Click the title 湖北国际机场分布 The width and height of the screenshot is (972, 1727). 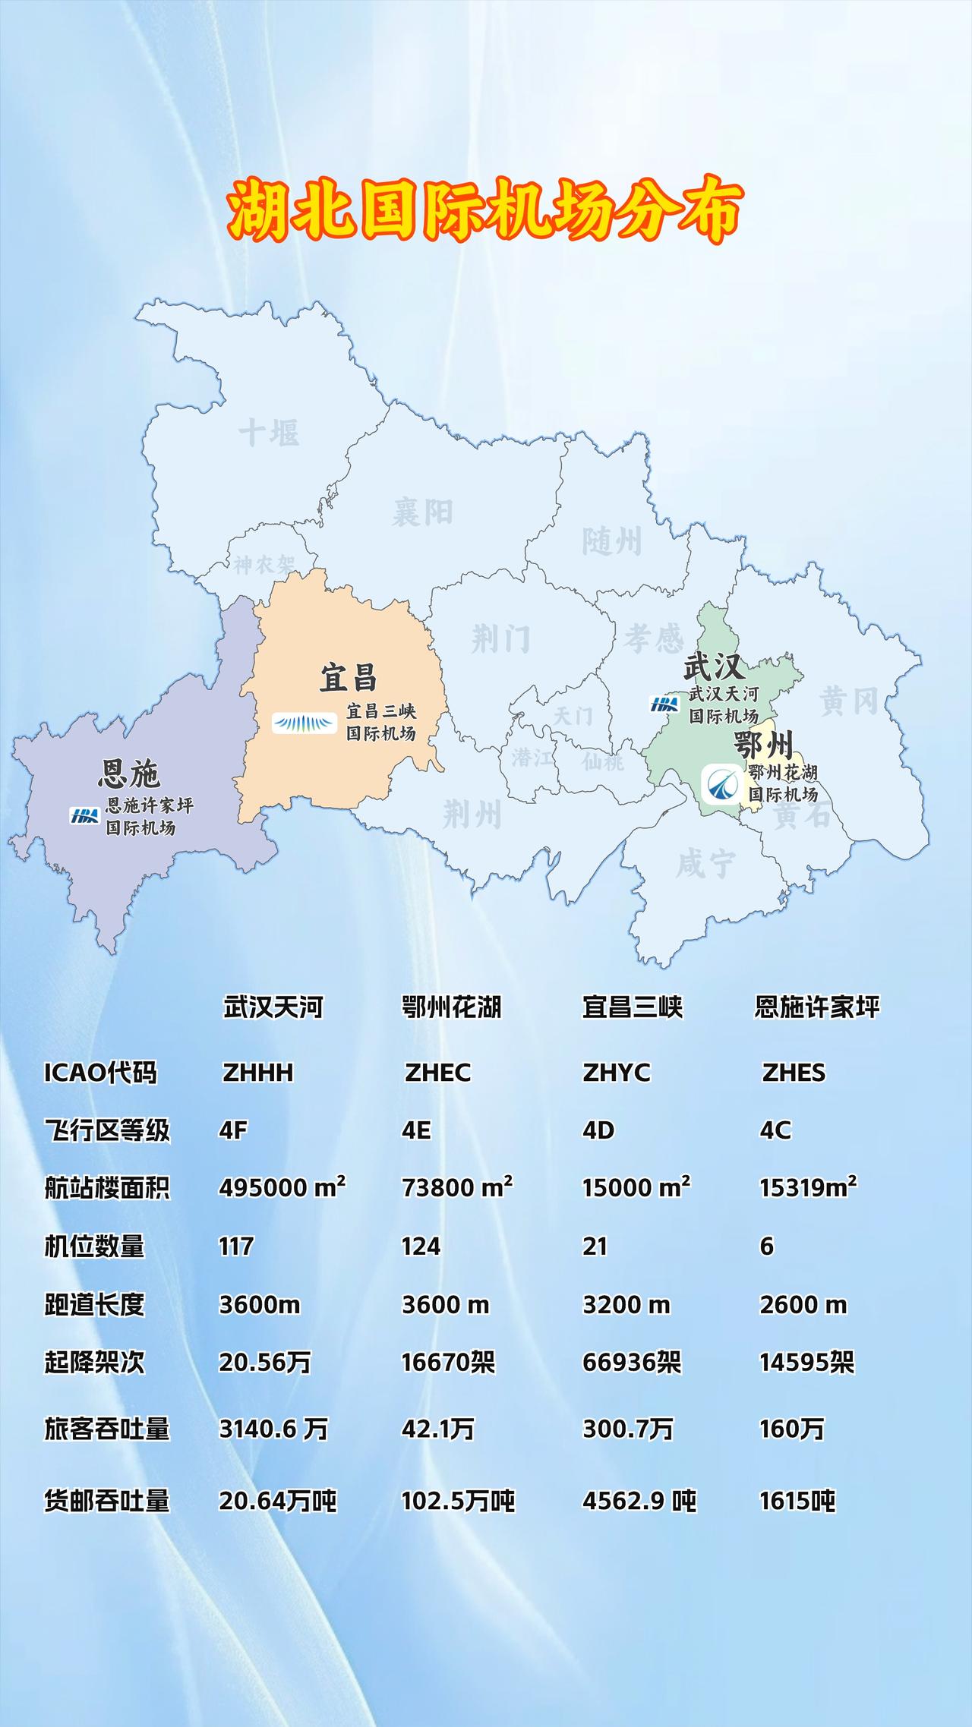(484, 210)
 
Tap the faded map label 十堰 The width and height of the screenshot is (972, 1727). (269, 433)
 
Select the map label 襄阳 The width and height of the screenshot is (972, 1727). (422, 512)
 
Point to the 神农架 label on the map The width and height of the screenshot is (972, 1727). (264, 565)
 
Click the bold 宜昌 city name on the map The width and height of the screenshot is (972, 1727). (348, 677)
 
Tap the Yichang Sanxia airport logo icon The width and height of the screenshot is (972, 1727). (305, 723)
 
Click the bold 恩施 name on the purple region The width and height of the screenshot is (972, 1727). (129, 774)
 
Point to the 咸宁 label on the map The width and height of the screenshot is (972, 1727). (705, 864)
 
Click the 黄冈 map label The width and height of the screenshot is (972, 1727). (848, 701)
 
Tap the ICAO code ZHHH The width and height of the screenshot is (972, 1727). (257, 1073)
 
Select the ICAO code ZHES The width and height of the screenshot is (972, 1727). (794, 1073)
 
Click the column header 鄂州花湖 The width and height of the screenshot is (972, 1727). (451, 1007)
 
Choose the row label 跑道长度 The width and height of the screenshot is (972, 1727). (94, 1305)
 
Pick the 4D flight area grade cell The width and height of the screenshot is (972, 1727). (598, 1130)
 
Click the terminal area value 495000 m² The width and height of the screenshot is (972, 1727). (282, 1187)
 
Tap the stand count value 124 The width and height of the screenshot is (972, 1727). (421, 1246)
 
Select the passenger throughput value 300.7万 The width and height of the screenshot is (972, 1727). (627, 1429)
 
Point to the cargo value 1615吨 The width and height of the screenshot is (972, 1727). (797, 1501)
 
